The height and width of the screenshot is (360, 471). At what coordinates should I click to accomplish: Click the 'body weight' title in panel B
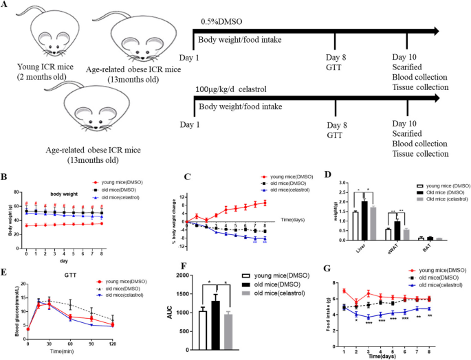pyautogui.click(x=67, y=185)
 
